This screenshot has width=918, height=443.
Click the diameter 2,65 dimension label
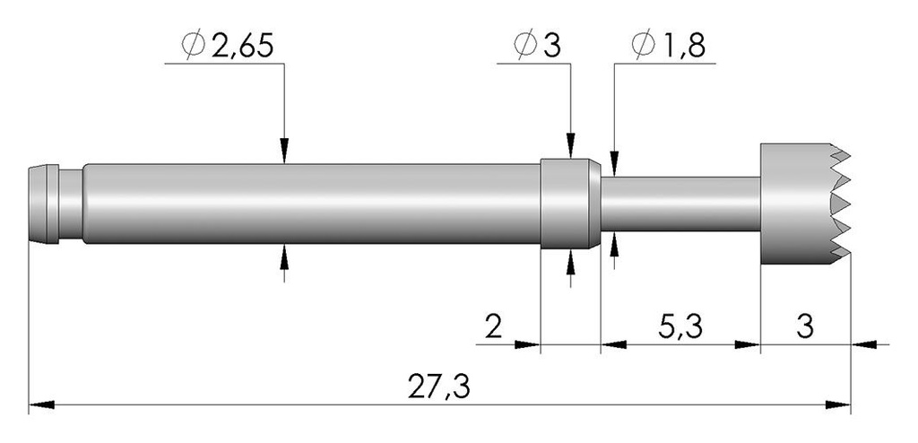coord(228,45)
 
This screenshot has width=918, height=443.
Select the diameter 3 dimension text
coord(537,45)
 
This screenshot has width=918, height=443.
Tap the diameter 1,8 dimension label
coord(668,45)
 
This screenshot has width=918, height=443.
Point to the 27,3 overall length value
coord(439,387)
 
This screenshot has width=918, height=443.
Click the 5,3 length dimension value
coord(680,328)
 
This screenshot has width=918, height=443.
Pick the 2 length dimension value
coord(494,327)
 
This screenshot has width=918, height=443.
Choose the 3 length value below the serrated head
coord(805,327)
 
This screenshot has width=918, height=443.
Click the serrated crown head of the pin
coord(804,204)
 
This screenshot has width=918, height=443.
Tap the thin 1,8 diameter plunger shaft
coord(680,204)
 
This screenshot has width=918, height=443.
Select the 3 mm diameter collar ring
coord(569,204)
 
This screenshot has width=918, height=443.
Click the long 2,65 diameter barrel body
coord(311,204)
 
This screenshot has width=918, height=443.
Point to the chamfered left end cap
coord(43,204)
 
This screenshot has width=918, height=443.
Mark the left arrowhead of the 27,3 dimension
coord(41,404)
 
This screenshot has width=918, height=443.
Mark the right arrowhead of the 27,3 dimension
coord(838,404)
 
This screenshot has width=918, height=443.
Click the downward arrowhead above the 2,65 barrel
coord(284,152)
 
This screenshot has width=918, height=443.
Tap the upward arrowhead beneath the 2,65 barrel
coord(284,256)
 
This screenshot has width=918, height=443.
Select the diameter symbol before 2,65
coord(193,46)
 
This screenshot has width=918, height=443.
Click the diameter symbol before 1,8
coord(643,46)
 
